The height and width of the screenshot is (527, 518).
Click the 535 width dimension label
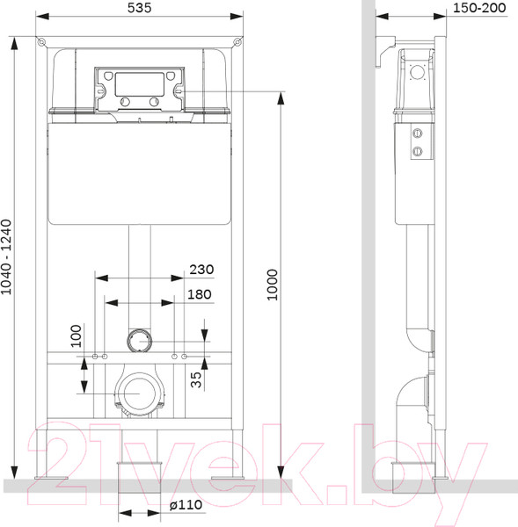[139, 8]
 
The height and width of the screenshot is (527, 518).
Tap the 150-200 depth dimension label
[479, 8]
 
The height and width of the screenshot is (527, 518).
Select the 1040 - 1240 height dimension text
[6, 257]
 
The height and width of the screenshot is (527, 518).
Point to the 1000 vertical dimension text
[273, 285]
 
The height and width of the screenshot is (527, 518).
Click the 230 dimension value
[201, 270]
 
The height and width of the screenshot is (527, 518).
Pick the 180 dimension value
[200, 294]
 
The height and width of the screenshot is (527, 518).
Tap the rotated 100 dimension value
[76, 336]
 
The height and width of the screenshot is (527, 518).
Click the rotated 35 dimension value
[196, 379]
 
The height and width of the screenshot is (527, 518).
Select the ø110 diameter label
[186, 505]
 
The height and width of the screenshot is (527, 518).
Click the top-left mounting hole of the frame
[41, 42]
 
